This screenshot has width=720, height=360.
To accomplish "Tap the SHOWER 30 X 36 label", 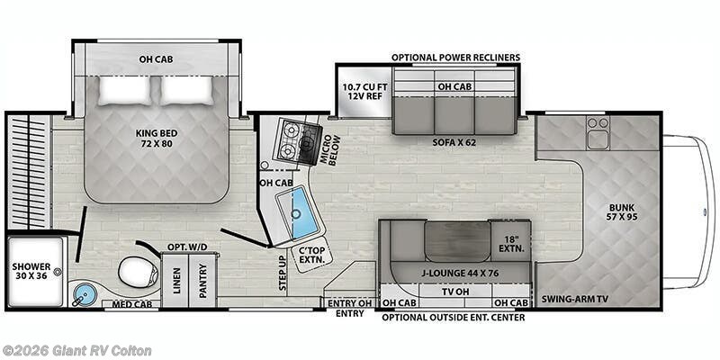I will (31, 273).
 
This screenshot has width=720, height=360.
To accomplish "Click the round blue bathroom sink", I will (86, 292).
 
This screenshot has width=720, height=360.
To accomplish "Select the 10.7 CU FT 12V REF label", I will (363, 93).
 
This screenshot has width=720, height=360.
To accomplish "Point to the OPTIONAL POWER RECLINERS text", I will (455, 58).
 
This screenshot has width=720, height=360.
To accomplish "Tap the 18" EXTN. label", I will (510, 242).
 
